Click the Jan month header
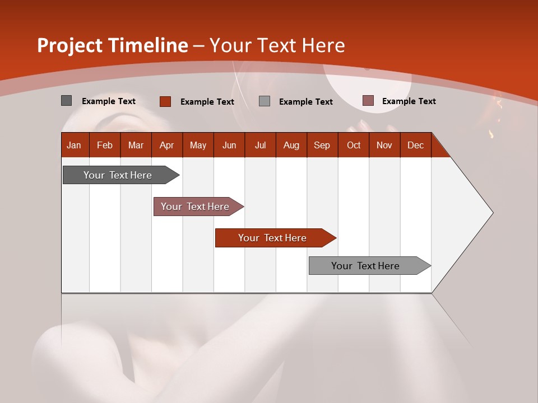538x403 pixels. [x=74, y=145]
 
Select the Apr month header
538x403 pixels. [x=166, y=145]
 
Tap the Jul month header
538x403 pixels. [x=260, y=145]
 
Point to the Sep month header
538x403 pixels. [x=322, y=145]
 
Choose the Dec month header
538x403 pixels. [x=415, y=145]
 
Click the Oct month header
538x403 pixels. [x=354, y=145]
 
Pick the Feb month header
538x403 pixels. [x=105, y=145]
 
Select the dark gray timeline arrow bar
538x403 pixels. [x=118, y=175]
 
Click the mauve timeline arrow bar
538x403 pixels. [x=195, y=207]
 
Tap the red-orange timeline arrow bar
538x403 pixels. [x=272, y=238]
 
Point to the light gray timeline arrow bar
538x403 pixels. [x=365, y=266]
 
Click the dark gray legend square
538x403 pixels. [x=67, y=101]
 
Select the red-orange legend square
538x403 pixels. [x=165, y=101]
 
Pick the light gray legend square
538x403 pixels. [x=265, y=101]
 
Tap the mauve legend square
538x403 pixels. [x=368, y=101]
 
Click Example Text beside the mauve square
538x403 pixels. [x=409, y=101]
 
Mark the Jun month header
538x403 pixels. [x=229, y=145]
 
